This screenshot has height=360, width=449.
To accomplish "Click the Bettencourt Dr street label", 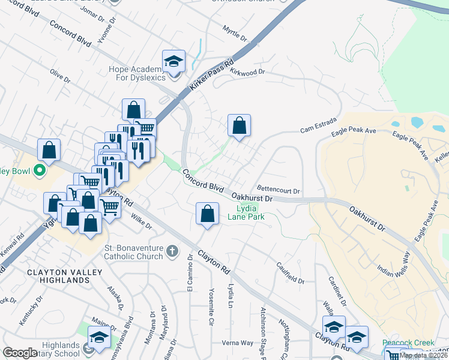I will (279, 191).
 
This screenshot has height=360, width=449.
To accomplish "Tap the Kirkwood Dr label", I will (248, 72).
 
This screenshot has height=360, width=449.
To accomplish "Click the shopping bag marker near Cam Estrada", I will (239, 125).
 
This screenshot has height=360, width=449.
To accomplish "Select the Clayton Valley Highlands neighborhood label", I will (58, 276).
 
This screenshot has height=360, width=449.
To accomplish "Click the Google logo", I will (19, 353).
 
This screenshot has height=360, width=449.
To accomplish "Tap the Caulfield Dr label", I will (291, 274).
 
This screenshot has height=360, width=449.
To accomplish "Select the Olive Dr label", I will (60, 76).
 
